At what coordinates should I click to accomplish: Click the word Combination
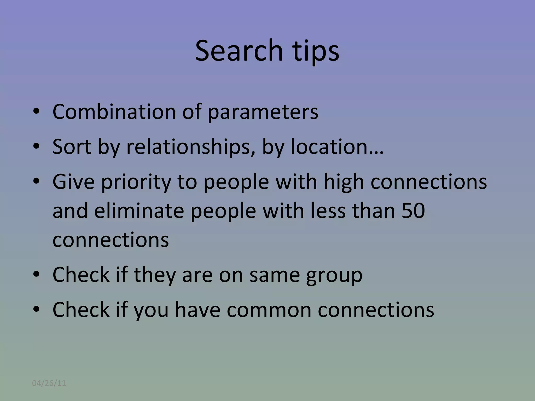[114, 112]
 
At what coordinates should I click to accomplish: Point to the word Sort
[72, 147]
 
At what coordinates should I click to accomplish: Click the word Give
[73, 182]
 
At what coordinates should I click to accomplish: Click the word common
[269, 310]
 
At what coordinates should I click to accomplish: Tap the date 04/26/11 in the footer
[49, 383]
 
